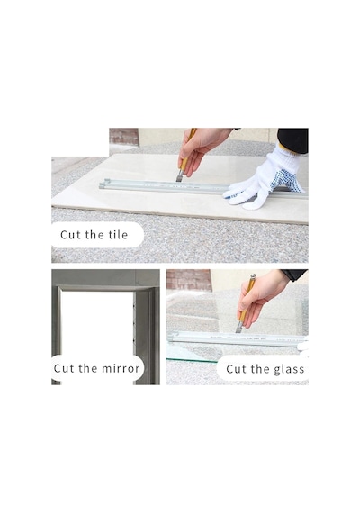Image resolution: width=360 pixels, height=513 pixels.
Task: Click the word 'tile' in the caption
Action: point(118,235)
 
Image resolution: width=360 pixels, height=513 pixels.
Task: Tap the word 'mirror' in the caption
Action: point(121,368)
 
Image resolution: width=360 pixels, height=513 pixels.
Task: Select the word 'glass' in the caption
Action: point(289,369)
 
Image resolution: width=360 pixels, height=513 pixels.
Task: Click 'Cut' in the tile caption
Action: point(71,235)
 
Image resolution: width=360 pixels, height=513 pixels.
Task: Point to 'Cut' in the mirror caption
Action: point(64,368)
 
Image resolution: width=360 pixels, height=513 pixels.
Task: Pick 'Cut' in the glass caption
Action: point(237,369)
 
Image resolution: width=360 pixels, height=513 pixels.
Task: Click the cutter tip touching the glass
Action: point(238,331)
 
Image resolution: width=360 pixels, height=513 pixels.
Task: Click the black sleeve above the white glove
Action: point(293,140)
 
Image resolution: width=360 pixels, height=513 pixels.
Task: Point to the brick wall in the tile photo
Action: point(123,137)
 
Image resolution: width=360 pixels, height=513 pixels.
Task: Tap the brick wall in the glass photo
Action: point(188,280)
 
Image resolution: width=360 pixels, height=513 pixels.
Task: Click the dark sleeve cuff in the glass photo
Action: point(294,274)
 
